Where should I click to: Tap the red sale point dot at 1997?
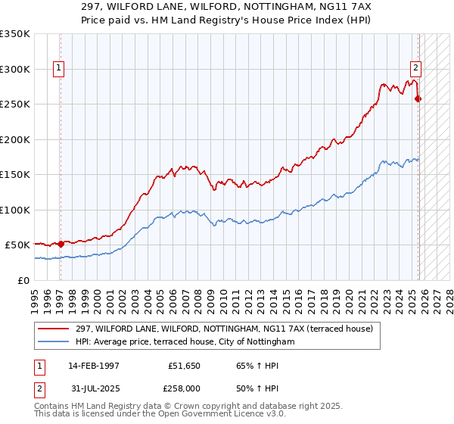(x=61, y=244)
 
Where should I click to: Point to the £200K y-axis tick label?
(x=14, y=139)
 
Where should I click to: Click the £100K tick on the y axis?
(x=14, y=210)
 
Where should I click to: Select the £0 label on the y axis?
(x=22, y=280)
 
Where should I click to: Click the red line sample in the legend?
(x=54, y=329)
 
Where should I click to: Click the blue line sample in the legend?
(x=54, y=342)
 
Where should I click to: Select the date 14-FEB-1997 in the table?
(x=94, y=365)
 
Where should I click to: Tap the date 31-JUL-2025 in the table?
(x=94, y=389)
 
